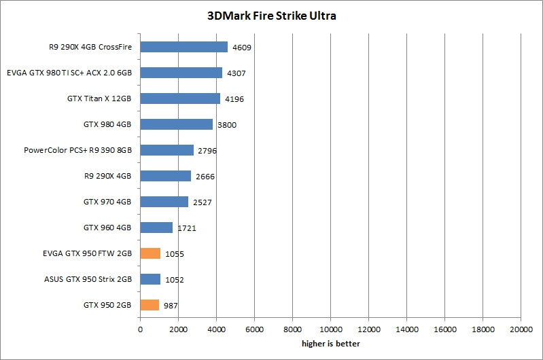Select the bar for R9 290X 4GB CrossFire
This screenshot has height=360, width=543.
pyautogui.click(x=183, y=47)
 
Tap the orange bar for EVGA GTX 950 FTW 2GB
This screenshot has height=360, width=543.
pyautogui.click(x=150, y=253)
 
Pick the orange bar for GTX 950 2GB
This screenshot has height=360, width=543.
pyautogui.click(x=150, y=305)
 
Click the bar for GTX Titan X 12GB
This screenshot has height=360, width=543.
pyautogui.click(x=180, y=98)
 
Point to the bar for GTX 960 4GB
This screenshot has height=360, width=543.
pyautogui.click(x=156, y=228)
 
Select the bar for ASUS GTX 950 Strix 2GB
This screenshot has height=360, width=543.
pyautogui.click(x=150, y=279)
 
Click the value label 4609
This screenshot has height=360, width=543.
pyautogui.click(x=243, y=48)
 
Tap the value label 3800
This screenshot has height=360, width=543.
pyautogui.click(x=227, y=125)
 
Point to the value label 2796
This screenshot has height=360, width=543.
pyautogui.click(x=207, y=151)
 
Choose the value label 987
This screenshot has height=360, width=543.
pyautogui.click(x=170, y=306)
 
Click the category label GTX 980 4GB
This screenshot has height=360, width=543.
pyautogui.click(x=107, y=124)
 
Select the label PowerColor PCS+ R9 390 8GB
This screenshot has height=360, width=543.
pyautogui.click(x=77, y=150)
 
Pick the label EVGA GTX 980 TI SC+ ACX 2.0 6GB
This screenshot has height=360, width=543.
pyautogui.click(x=69, y=73)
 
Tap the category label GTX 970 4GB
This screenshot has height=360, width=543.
pyautogui.click(x=107, y=202)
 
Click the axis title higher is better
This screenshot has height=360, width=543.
pyautogui.click(x=330, y=344)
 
